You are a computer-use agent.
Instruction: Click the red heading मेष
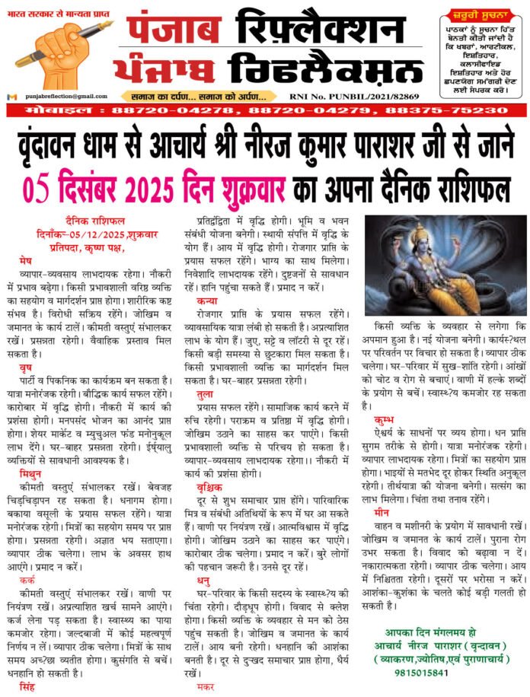pyautogui.click(x=26, y=260)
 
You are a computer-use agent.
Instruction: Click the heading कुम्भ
pyautogui.click(x=384, y=419)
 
